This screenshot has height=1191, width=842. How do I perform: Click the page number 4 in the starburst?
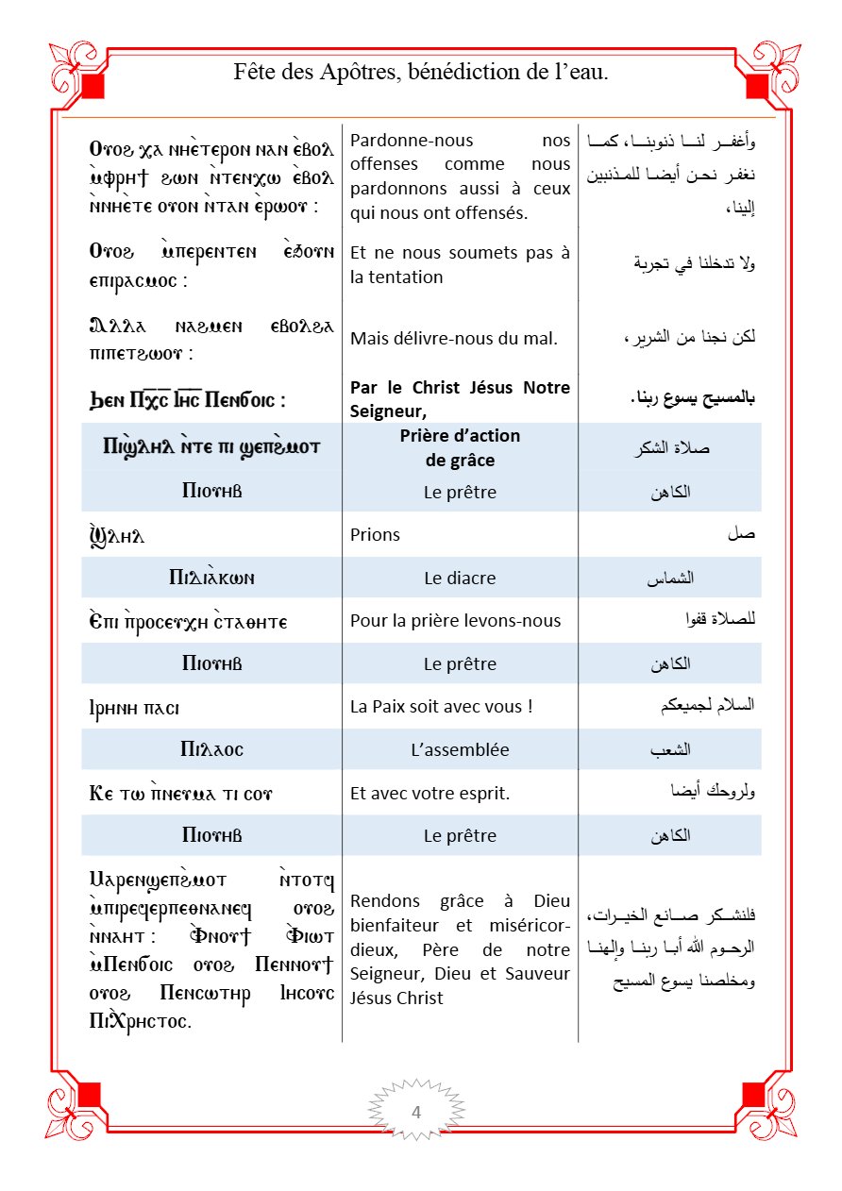(416, 1112)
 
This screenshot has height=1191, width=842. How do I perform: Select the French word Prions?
(375, 535)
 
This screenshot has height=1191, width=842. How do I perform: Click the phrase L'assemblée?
(460, 750)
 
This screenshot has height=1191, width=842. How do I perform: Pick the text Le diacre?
(460, 579)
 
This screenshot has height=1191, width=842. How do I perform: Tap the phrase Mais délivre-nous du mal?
(454, 338)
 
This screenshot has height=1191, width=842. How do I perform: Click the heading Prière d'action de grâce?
(460, 447)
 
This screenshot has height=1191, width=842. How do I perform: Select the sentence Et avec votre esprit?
(429, 793)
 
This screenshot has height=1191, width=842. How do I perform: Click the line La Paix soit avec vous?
(442, 705)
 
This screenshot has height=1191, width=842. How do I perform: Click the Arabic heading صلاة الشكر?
(673, 448)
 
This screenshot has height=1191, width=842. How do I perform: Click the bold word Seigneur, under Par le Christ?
(389, 409)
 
